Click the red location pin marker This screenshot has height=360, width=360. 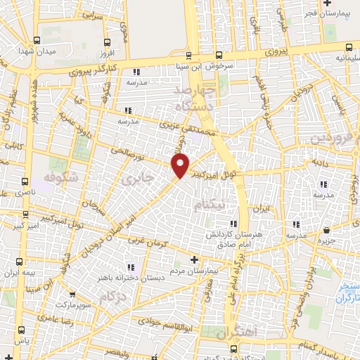pyautogui.click(x=181, y=166)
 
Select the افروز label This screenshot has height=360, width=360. pyautogui.click(x=106, y=53)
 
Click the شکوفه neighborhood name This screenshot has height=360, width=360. pyautogui.click(x=59, y=176)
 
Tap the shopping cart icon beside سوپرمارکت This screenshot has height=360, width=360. pyautogui.click(x=72, y=294)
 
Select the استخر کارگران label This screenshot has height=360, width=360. pyautogui.click(x=345, y=292)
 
